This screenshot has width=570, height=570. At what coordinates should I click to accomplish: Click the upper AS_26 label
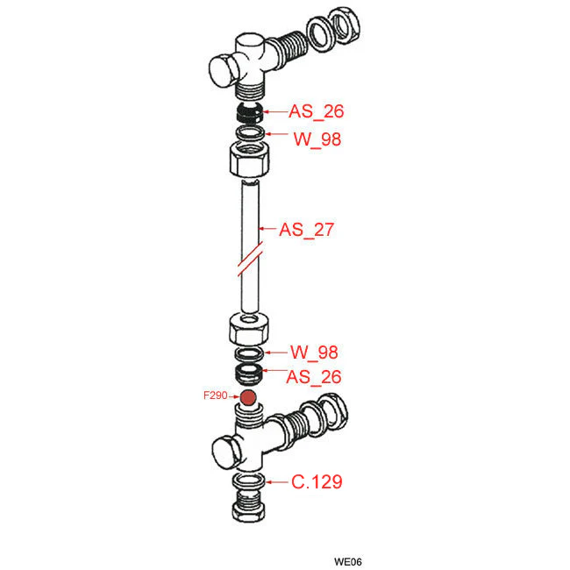point(316,110)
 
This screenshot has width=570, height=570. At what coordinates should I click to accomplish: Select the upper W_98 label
point(317,139)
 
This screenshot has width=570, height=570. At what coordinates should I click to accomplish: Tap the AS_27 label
point(306,230)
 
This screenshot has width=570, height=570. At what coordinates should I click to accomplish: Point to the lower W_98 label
point(314,352)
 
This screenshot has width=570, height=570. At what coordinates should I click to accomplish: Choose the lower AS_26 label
point(314,377)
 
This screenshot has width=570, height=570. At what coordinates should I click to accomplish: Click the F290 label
point(215,395)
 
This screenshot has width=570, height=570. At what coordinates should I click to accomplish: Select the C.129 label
point(317,481)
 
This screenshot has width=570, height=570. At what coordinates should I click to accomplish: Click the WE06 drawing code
point(348,561)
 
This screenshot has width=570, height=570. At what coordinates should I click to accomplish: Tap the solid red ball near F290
point(249,398)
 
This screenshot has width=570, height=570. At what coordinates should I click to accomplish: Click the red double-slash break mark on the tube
point(250,259)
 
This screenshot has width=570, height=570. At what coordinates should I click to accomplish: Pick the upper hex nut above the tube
point(250,159)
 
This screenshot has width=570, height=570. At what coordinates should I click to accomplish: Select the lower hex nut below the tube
point(249,329)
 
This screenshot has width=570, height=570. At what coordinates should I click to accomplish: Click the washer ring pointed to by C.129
point(249,481)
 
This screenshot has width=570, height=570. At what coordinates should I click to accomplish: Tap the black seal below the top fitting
point(249,112)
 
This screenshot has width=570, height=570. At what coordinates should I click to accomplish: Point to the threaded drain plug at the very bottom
point(249,506)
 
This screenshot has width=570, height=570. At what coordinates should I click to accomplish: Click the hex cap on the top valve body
point(223,70)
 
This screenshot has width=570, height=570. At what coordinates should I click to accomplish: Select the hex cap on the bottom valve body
point(226,453)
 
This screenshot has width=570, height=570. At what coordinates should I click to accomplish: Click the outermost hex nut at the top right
point(344,25)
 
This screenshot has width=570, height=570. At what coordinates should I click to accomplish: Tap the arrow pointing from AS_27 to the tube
point(267,229)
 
